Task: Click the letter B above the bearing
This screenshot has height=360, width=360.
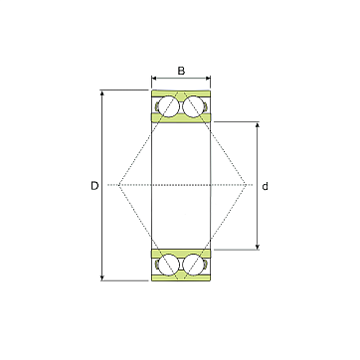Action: (181, 71)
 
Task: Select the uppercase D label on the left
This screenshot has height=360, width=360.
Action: (94, 186)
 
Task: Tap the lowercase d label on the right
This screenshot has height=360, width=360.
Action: (265, 187)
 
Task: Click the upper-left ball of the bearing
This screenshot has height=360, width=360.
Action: (169, 106)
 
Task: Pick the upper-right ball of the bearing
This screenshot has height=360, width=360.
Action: (193, 106)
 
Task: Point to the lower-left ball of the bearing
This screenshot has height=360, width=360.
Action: (169, 265)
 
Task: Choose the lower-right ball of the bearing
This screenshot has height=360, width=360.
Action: (193, 265)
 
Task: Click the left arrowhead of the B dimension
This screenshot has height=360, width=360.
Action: (154, 79)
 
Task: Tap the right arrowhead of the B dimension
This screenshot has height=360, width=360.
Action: (208, 79)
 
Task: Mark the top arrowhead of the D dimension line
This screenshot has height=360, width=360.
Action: (102, 92)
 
